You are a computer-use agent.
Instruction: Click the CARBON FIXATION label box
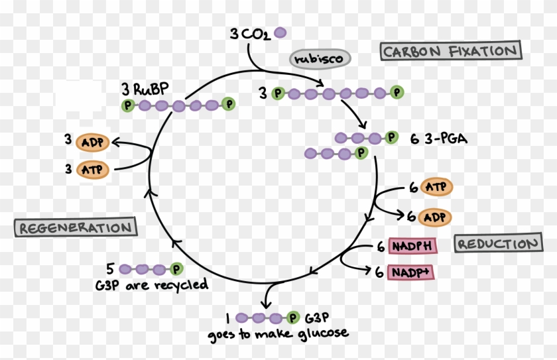(x=450, y=51)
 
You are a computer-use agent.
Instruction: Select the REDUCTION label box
(x=497, y=243)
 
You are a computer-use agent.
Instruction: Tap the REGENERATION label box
(x=75, y=228)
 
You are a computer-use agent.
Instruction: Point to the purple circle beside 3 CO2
(x=280, y=32)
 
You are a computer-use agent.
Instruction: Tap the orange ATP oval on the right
(x=436, y=188)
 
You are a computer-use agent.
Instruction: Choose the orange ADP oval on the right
(x=436, y=217)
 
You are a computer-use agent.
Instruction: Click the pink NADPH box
(x=412, y=247)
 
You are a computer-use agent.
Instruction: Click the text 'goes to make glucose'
(x=278, y=333)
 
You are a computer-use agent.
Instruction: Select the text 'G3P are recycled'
(x=152, y=284)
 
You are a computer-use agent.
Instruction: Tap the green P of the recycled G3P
(x=176, y=269)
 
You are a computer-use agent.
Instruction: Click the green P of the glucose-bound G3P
(x=293, y=318)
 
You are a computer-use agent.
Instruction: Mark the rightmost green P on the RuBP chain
(x=228, y=105)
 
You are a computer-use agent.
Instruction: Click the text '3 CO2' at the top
(x=250, y=33)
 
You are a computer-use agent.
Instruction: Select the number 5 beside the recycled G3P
(x=110, y=269)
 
